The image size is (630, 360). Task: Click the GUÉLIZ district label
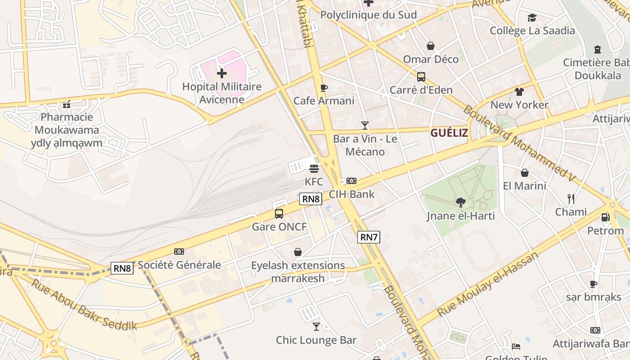[449, 133]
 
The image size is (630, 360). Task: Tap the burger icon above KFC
[314, 169]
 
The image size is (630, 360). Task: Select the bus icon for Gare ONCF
[279, 214]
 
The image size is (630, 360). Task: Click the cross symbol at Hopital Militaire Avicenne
[221, 73]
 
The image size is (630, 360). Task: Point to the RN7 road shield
[369, 237]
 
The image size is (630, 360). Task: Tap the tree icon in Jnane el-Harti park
[460, 202]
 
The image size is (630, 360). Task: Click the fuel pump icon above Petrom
[605, 217]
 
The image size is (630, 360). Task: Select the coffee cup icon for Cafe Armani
[324, 88]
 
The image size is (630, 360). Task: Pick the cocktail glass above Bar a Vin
[365, 126]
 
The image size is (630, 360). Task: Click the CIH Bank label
[351, 194]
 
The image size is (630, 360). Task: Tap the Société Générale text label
[179, 265]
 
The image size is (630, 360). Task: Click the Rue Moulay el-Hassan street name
[488, 284]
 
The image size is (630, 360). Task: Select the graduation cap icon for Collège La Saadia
[532, 18]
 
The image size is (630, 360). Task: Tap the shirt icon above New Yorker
[519, 92]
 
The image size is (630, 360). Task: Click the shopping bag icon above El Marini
[524, 173]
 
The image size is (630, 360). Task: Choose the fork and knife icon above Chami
[571, 199]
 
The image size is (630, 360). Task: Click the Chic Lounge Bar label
[316, 340]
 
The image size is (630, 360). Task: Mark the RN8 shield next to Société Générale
[122, 268]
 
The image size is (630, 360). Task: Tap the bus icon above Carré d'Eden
[421, 77]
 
